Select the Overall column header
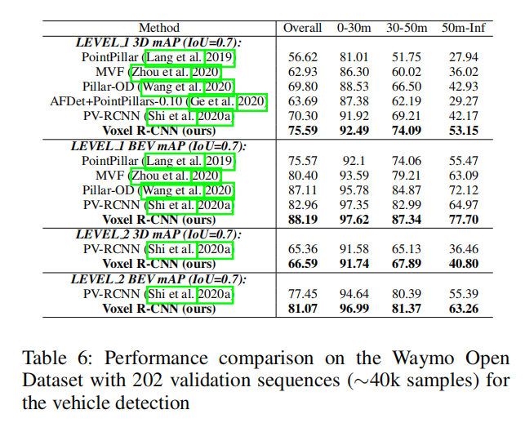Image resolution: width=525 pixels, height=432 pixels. coord(303,28)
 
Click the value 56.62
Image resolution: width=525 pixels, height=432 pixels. coord(302,57)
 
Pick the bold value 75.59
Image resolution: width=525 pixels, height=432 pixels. coord(302,129)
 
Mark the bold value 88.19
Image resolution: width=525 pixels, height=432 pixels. coord(302,219)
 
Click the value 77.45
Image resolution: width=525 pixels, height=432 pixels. coord(302,294)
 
